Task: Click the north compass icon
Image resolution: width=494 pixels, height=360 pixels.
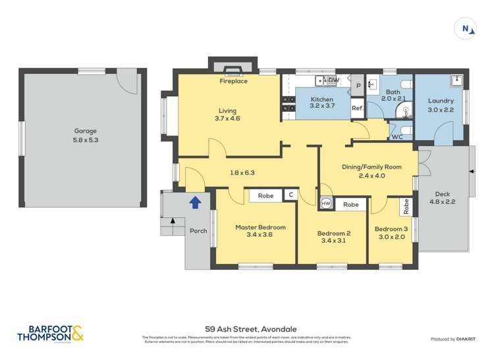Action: click(x=466, y=28)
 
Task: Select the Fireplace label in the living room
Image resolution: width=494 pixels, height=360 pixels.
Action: click(x=233, y=82)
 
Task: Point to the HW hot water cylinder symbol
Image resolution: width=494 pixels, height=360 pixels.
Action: click(x=325, y=204)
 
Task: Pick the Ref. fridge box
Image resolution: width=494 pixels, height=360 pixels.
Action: click(x=357, y=108)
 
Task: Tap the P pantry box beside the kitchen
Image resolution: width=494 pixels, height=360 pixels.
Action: click(x=358, y=86)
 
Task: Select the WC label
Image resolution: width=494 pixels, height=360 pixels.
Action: click(x=397, y=137)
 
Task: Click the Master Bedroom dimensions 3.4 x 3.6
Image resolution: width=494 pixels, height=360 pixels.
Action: click(x=260, y=235)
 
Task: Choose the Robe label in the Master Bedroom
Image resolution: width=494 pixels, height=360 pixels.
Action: click(x=265, y=195)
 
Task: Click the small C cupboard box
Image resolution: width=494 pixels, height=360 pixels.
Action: click(x=290, y=195)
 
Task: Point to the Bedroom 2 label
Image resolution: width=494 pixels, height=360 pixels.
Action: click(x=333, y=233)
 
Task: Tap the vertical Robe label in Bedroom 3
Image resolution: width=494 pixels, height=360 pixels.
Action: click(x=406, y=207)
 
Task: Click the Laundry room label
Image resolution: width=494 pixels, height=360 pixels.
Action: click(x=441, y=101)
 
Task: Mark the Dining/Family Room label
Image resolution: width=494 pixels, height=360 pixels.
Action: click(x=367, y=167)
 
